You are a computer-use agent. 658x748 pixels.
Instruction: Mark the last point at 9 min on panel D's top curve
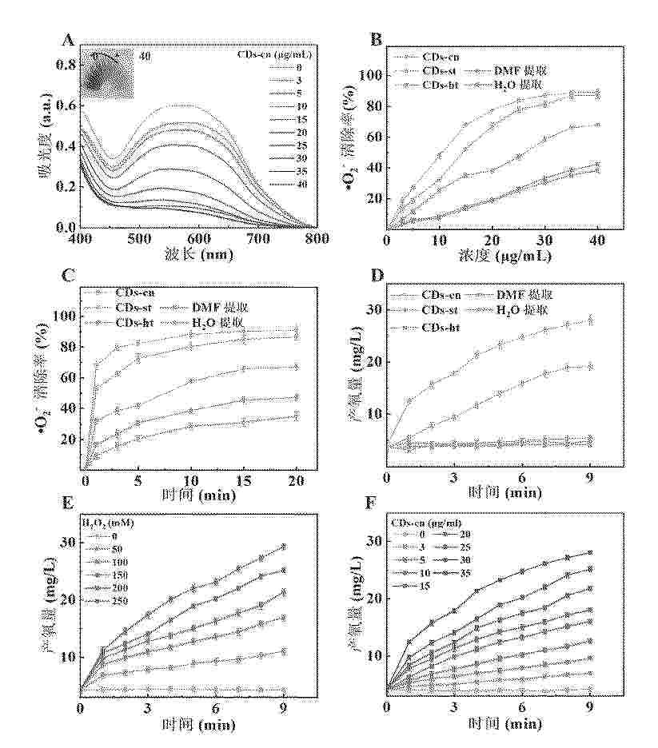[590, 320]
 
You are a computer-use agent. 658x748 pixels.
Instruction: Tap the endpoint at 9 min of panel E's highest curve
[283, 547]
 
